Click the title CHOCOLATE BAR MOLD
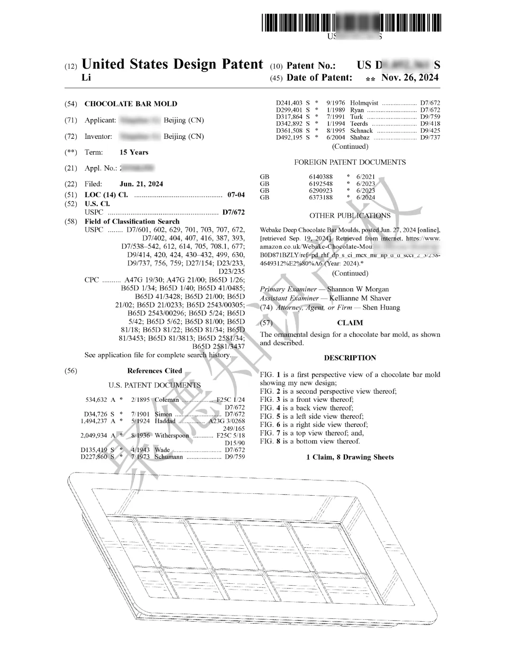click(131, 104)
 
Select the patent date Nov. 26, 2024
click(410, 78)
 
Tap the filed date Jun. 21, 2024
click(141, 184)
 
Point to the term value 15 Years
click(134, 152)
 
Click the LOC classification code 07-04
click(236, 195)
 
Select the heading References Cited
click(155, 371)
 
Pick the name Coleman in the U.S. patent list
click(167, 399)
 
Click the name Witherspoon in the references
click(172, 435)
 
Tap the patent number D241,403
click(289, 103)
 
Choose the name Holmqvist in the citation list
click(364, 103)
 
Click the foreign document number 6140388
click(321, 177)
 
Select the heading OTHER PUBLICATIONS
click(350, 216)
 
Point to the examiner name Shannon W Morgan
click(358, 289)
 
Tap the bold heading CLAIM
click(350, 323)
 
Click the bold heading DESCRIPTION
click(350, 358)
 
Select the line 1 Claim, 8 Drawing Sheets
click(350, 457)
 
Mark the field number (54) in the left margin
click(70, 104)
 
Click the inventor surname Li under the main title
click(86, 78)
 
